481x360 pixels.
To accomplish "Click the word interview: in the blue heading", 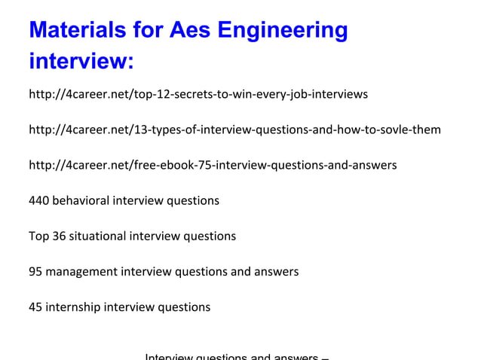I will (81, 61).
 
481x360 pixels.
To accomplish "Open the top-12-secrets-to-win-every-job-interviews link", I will (198, 95).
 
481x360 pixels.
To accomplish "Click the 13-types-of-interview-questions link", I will (234, 130).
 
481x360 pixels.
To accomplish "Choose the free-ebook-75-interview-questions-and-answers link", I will (213, 165).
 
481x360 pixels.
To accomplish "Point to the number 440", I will (38, 200).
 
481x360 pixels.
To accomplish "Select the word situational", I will (98, 236).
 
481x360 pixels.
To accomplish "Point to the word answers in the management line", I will (277, 271).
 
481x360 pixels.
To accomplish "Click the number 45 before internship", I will (35, 307).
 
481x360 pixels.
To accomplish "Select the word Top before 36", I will (38, 236).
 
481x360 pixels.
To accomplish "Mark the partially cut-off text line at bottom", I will (236, 356).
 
